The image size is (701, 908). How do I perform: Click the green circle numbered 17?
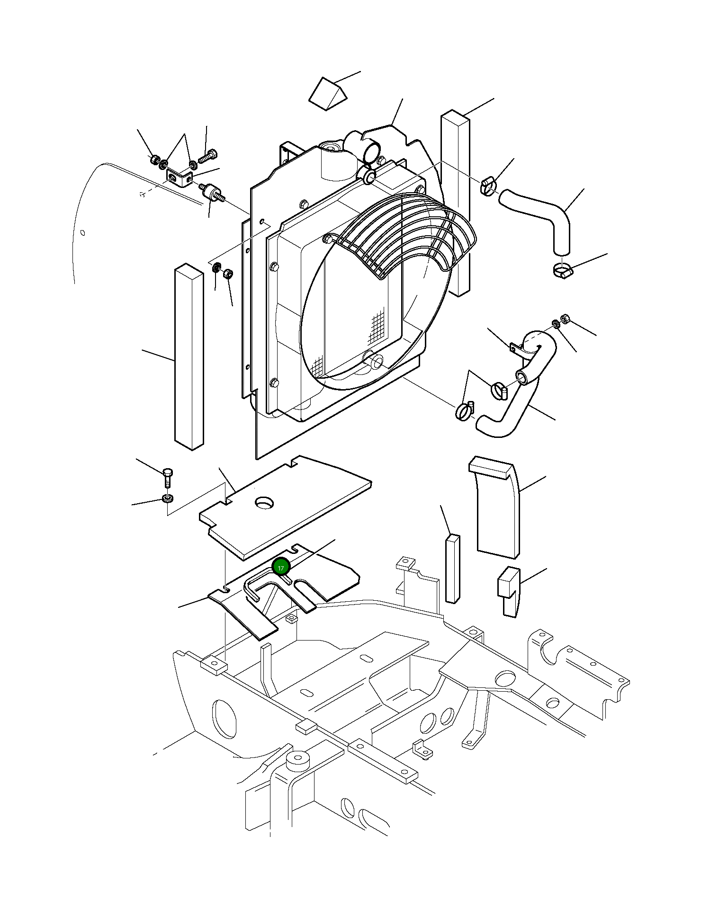click(281, 568)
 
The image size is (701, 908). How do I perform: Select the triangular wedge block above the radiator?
click(328, 95)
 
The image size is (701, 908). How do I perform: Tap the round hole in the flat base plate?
click(265, 502)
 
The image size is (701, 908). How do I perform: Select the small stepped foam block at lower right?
click(508, 592)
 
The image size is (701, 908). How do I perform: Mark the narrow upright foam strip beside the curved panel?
click(452, 568)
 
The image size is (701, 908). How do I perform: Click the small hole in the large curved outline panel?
click(83, 232)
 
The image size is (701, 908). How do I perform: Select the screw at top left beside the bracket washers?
click(208, 157)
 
